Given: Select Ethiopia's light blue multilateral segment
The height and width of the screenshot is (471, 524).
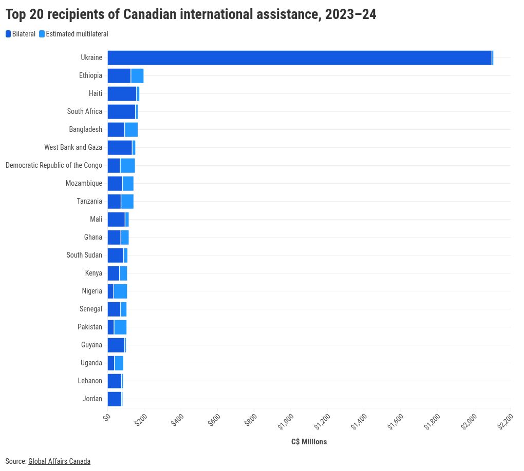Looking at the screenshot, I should pyautogui.click(x=137, y=76).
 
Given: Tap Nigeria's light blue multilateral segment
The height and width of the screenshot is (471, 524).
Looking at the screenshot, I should pyautogui.click(x=120, y=291).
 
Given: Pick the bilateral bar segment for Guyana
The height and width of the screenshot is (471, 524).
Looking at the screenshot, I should pyautogui.click(x=116, y=345).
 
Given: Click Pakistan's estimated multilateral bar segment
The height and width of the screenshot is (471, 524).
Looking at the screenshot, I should pyautogui.click(x=120, y=327).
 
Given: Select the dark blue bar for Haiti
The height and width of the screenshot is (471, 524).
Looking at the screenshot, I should pyautogui.click(x=122, y=94).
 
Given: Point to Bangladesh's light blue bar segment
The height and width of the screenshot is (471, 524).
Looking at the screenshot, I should pyautogui.click(x=131, y=130).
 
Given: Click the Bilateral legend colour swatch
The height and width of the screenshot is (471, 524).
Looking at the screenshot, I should pyautogui.click(x=8, y=34).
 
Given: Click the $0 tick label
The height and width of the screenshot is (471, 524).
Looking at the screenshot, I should pyautogui.click(x=107, y=418).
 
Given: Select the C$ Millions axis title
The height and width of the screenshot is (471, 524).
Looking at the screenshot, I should pyautogui.click(x=309, y=442).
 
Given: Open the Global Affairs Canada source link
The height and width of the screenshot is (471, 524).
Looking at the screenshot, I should pyautogui.click(x=59, y=461).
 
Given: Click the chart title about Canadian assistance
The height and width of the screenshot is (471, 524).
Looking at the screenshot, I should pyautogui.click(x=191, y=15).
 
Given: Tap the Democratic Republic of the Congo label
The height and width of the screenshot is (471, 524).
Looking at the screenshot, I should pyautogui.click(x=54, y=166).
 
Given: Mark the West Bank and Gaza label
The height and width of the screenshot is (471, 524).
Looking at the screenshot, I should pyautogui.click(x=73, y=148).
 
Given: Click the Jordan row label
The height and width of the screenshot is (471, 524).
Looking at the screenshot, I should pyautogui.click(x=92, y=399).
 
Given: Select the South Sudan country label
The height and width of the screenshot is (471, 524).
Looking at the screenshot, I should pyautogui.click(x=84, y=256).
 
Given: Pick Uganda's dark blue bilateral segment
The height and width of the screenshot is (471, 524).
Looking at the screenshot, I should pyautogui.click(x=111, y=363).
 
